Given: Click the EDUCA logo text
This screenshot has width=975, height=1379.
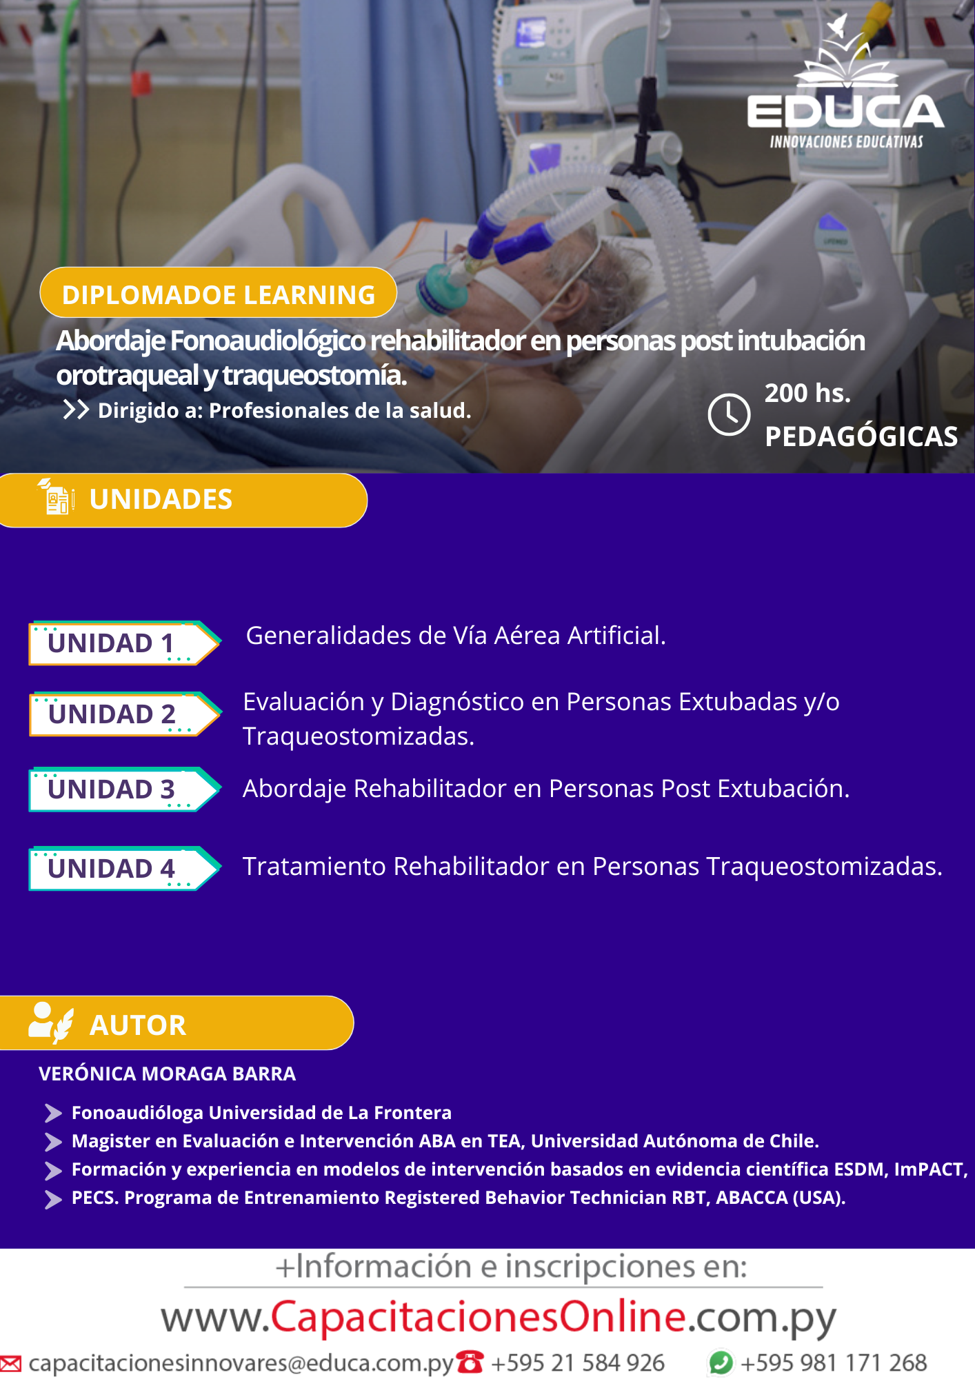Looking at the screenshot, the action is coord(845,112).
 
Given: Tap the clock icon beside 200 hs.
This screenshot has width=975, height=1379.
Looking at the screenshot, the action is coord(729,414).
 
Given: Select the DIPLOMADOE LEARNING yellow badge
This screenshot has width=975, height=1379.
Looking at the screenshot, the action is coord(218,292).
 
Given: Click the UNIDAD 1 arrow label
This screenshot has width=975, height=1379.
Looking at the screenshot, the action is coord(125,643).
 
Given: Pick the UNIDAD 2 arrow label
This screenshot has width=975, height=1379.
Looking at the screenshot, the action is coord(125,714).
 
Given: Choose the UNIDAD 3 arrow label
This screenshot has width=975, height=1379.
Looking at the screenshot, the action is coord(125,789).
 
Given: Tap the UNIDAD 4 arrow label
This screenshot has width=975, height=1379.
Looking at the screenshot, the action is coord(125,868).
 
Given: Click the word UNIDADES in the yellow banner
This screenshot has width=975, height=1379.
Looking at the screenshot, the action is coord(161,499).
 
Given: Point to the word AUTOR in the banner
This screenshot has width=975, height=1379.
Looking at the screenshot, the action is coord(138,1025).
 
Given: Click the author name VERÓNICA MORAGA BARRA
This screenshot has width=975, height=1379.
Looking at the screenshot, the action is coord(167,1074).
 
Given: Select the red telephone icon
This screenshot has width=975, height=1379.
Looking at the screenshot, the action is coord(470,1362).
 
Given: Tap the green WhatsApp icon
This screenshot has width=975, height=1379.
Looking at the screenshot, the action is coord(721,1362).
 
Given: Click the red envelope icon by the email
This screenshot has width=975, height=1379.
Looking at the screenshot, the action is coord(10,1363).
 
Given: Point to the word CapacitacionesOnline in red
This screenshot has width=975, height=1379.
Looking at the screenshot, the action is coord(479,1316).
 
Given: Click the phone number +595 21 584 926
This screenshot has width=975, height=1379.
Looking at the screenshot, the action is coord(578,1362).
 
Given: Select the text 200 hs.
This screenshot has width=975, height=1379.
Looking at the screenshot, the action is coord(807,393).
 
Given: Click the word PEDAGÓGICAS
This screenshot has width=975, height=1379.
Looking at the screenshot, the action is coord(861,436).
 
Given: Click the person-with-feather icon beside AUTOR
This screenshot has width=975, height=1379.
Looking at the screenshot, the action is coord(51,1022).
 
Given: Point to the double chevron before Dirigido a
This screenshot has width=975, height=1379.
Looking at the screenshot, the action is coord(76,410).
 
